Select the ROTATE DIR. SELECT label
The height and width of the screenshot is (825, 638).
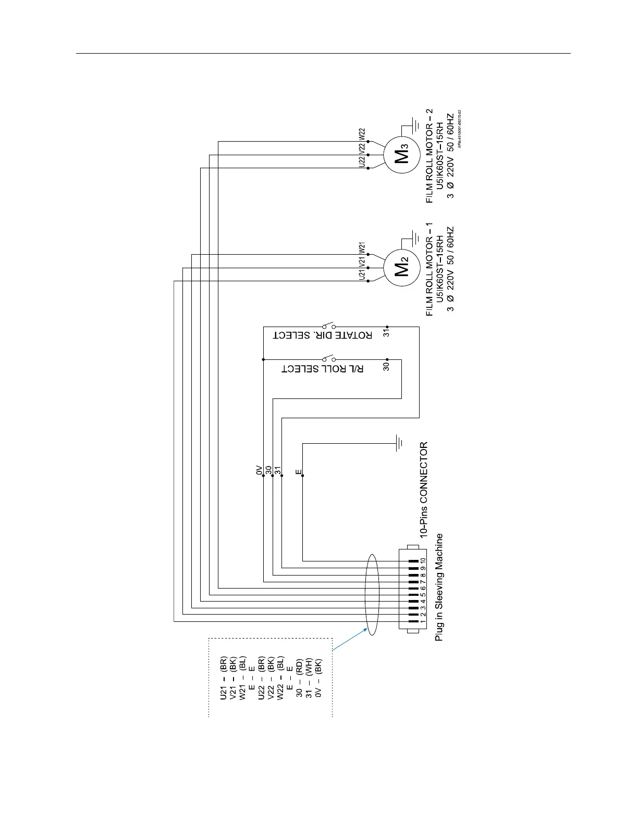click(323, 335)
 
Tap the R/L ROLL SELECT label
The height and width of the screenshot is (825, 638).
click(323, 369)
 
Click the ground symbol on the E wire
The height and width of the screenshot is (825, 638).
click(399, 443)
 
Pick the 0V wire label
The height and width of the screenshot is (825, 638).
click(259, 470)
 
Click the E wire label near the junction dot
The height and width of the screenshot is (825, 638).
click(298, 472)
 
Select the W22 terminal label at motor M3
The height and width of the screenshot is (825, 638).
click(362, 134)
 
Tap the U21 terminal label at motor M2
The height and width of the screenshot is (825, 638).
click(362, 274)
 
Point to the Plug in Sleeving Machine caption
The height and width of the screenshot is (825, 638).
click(439, 586)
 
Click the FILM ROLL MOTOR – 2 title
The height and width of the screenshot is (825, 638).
click(429, 155)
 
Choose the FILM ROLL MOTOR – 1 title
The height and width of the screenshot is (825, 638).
click(429, 269)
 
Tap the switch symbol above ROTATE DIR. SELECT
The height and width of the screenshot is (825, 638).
click(328, 326)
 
